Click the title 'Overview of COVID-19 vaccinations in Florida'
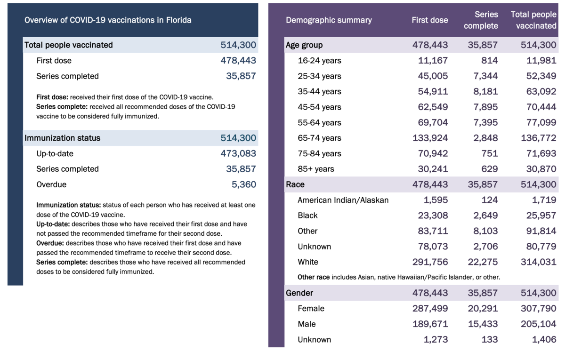(108, 20)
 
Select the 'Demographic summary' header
(329, 20)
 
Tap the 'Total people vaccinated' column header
(533, 20)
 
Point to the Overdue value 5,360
(244, 184)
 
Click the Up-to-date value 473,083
(238, 153)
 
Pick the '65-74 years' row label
(319, 138)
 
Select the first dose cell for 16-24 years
(433, 61)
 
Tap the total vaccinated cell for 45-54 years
(539, 107)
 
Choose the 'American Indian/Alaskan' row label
(343, 200)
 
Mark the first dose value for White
(430, 262)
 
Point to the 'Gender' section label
(299, 293)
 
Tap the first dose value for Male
(430, 324)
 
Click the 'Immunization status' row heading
(62, 138)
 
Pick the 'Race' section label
(295, 184)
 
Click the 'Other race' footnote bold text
(314, 277)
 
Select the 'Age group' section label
(304, 46)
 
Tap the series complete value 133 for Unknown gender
(490, 340)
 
